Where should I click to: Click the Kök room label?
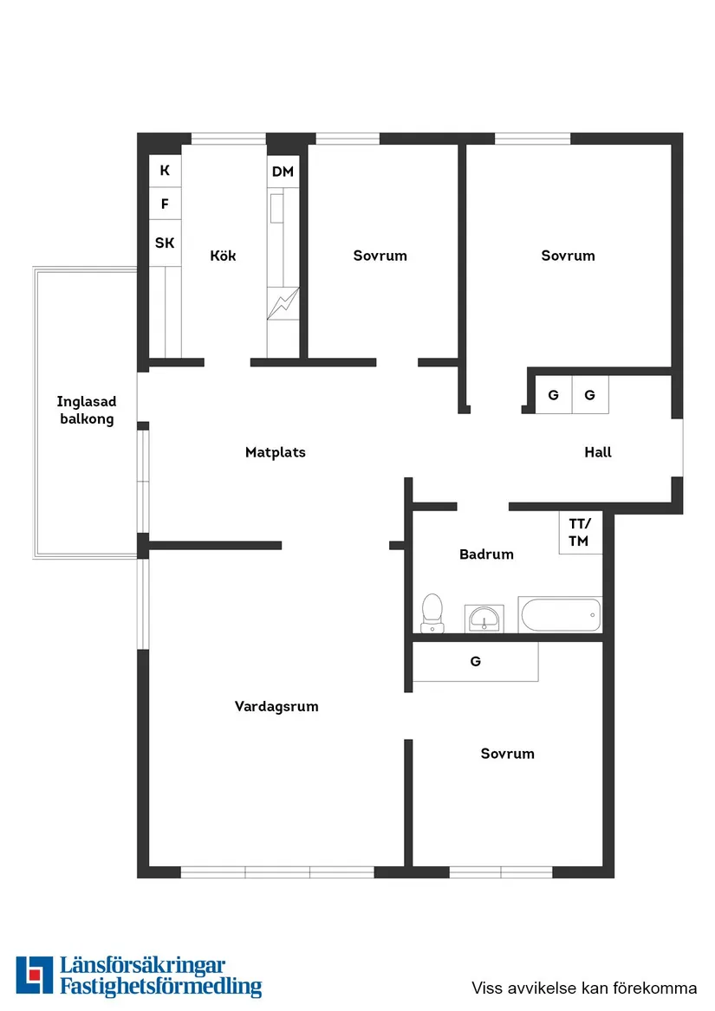tap(223, 256)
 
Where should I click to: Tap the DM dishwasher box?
tap(283, 172)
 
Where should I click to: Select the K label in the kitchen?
tap(165, 171)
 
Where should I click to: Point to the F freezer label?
tap(165, 205)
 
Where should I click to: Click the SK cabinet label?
tap(165, 243)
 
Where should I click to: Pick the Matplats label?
tap(276, 452)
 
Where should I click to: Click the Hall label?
tap(598, 452)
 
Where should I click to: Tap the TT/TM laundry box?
tap(579, 533)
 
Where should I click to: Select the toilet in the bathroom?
tap(431, 612)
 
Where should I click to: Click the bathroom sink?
tap(483, 619)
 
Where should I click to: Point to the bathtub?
tap(561, 615)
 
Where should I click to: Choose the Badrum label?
tap(486, 554)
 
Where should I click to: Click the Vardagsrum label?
tap(276, 707)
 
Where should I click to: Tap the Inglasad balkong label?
tap(86, 411)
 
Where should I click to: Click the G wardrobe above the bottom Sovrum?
tap(475, 662)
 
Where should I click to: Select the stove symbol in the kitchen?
tap(283, 302)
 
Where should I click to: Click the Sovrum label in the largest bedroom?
tap(568, 256)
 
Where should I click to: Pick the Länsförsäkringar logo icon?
tap(35, 975)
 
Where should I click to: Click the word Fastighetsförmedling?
tap(160, 986)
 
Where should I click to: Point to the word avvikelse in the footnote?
tap(537, 988)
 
